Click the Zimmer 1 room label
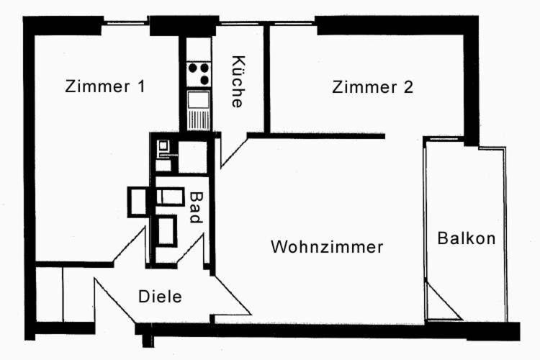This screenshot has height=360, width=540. tap(105, 86)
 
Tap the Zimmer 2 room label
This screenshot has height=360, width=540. tap(372, 87)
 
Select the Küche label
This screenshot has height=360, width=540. tap(238, 81)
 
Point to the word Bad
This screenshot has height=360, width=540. tap(197, 207)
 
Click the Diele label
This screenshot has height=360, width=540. tap(160, 297)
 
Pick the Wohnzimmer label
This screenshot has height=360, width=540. tap(327, 247)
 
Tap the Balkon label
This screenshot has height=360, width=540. tap(467, 238)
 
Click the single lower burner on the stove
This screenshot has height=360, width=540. tap(204, 81)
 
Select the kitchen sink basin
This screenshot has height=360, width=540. tap(199, 99)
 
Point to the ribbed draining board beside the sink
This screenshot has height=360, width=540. tap(199, 120)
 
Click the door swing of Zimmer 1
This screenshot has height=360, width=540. tap(129, 246)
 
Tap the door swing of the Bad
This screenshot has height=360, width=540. tap(191, 251)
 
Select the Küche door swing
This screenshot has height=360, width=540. tap(234, 152)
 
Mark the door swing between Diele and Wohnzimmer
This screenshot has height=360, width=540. tap(231, 295)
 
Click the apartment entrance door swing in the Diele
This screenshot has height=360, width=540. tap(115, 300)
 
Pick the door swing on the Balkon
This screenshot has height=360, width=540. tap(444, 301)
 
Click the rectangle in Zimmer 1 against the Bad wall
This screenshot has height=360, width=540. tap(138, 202)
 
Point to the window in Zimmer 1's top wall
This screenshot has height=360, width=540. tap(126, 23)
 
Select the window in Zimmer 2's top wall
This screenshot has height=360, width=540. tap(292, 24)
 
